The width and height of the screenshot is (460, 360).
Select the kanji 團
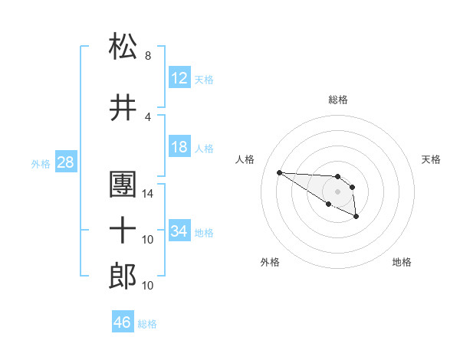coord(123,185)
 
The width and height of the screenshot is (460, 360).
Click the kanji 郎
coord(123,276)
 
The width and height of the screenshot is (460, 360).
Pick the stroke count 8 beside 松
coord(148,56)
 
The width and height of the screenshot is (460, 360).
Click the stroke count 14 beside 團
coord(149,194)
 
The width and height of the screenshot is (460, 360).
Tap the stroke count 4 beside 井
coord(148,117)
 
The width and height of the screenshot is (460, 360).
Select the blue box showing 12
coord(179,78)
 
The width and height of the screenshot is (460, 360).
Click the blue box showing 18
coord(179,147)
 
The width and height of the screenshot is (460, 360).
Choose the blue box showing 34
coord(179,231)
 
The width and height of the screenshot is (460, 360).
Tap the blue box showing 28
coord(65,162)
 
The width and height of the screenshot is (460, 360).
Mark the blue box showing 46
coord(123,322)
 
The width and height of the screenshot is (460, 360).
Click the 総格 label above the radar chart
coord(338,100)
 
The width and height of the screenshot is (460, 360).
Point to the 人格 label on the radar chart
coord(245,159)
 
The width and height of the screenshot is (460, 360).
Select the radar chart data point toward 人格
coord(279,172)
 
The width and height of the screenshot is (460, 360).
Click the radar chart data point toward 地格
coord(356,218)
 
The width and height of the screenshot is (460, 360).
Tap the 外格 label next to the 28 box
coord(41,164)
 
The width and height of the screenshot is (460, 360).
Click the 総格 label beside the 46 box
coord(147,324)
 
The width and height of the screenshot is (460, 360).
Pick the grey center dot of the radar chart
coord(337,191)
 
